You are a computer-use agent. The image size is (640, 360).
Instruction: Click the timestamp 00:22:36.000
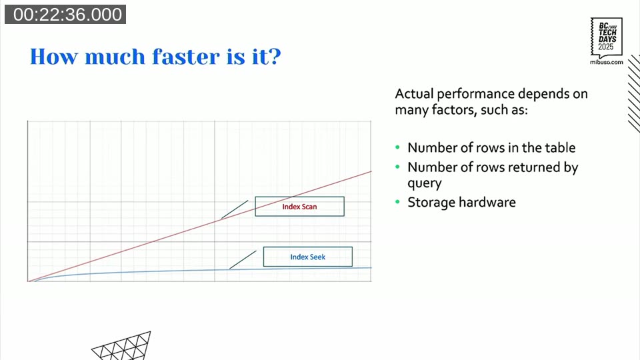[x=65, y=15]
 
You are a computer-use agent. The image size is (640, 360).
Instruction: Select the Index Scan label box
[x=299, y=207]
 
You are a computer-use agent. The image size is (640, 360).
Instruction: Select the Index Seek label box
[x=307, y=257]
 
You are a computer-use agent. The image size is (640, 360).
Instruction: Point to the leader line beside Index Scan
[x=234, y=209]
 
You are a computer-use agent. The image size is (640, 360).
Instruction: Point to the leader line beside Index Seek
[x=243, y=260]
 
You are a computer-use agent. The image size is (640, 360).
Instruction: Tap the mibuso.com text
[x=606, y=61]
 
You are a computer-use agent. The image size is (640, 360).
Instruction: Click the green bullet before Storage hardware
[x=398, y=202]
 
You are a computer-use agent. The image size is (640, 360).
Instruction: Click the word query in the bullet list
[x=425, y=183]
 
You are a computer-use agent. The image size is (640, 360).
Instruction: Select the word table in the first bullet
[x=559, y=148]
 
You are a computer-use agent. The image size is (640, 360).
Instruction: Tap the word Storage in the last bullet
[x=429, y=202]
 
